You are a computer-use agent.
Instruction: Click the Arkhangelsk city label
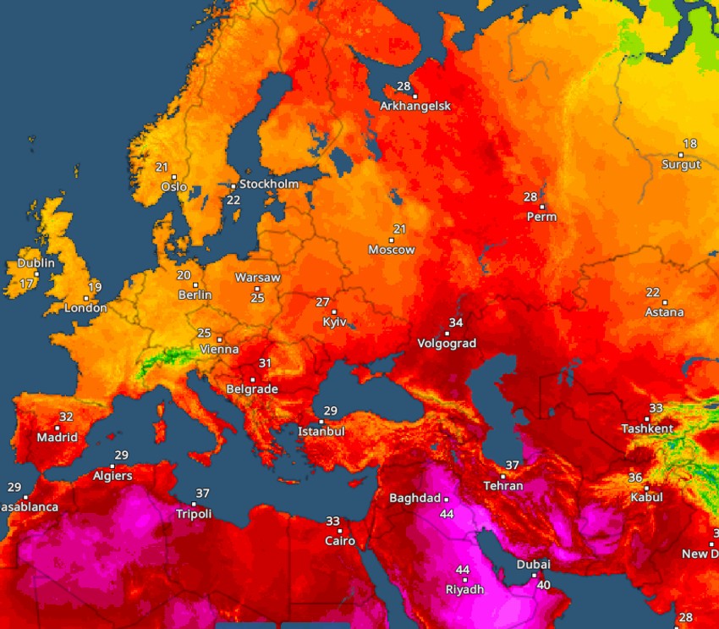coord(415,106)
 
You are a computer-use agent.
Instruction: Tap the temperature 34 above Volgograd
coord(456,323)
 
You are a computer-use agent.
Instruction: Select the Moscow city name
coord(392,250)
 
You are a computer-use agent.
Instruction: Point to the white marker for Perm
coord(542,207)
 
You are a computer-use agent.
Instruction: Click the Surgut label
coord(681,164)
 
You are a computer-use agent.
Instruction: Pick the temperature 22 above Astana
coord(652,292)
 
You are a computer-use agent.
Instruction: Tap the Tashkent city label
coord(647,428)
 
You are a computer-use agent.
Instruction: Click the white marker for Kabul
coord(646,488)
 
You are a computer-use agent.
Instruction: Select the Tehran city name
coord(502,486)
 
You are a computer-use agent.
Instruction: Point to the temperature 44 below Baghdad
coord(447,514)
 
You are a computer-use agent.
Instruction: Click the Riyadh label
coord(465,589)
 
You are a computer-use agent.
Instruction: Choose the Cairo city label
coord(340,541)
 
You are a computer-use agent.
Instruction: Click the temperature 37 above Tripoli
coord(202,494)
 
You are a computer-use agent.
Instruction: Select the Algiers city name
coord(113,476)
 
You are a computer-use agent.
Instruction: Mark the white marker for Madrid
coord(58,428)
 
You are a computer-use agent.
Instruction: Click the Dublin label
coord(36,262)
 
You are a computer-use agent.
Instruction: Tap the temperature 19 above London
coord(95,287)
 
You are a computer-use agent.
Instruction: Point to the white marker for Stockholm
coord(233,185)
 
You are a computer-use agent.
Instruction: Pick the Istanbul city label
coord(321,432)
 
